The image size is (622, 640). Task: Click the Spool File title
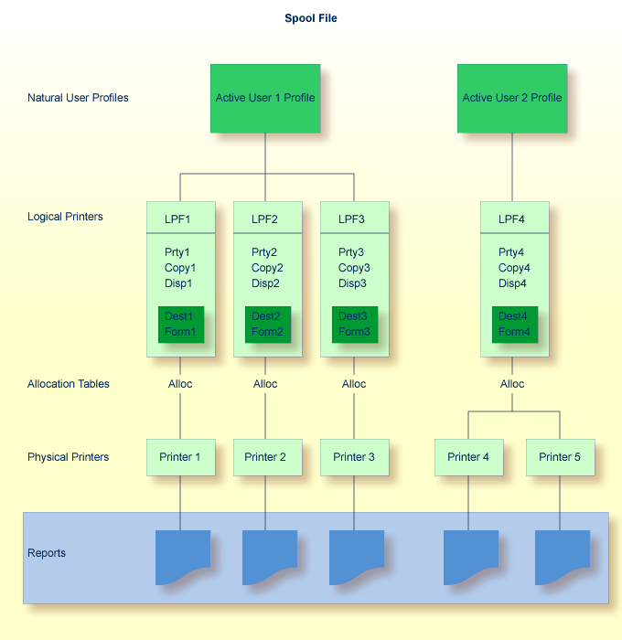(311, 18)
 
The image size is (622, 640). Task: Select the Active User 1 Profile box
(265, 98)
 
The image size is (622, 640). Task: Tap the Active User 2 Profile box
(512, 98)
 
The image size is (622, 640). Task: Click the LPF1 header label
(180, 219)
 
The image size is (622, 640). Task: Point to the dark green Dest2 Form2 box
(267, 325)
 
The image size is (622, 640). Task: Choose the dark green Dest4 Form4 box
(514, 325)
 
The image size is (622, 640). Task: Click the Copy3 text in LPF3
(354, 268)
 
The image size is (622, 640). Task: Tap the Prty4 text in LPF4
(511, 252)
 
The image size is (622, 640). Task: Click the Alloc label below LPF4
(512, 384)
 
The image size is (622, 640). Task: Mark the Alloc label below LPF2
(265, 384)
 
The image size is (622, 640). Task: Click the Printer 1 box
(180, 457)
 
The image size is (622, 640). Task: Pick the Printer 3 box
(354, 457)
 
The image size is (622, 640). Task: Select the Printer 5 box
(560, 457)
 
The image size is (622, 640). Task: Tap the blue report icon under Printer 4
(470, 556)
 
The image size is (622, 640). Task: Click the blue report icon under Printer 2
(269, 556)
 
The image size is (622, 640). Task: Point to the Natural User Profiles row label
(78, 98)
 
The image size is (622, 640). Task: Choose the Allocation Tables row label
(69, 384)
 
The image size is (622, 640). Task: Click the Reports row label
(47, 553)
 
